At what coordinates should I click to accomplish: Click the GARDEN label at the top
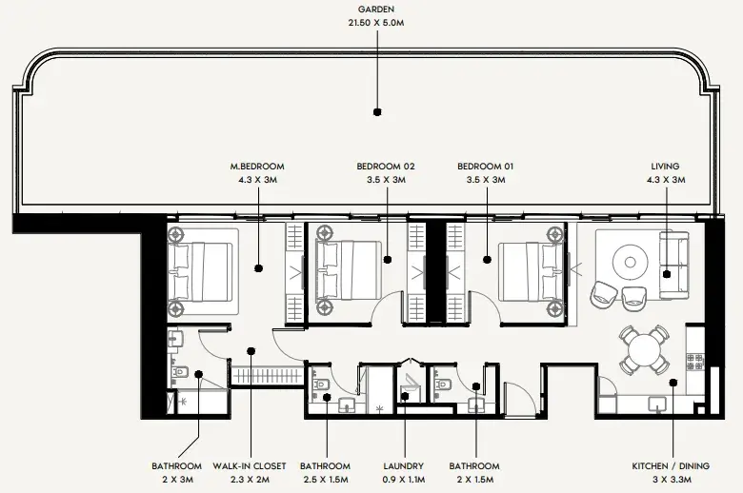(x=376, y=9)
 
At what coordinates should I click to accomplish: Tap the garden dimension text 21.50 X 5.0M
(x=376, y=23)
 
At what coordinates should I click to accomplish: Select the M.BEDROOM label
(x=257, y=167)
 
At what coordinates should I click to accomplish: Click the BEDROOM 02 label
(x=386, y=167)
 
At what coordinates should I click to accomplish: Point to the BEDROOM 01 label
(x=486, y=167)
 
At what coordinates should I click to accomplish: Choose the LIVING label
(x=665, y=167)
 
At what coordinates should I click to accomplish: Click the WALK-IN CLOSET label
(x=250, y=466)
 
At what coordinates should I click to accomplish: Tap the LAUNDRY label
(x=404, y=466)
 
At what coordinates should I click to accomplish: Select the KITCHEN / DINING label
(x=671, y=466)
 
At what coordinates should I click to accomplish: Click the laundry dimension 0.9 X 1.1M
(x=404, y=480)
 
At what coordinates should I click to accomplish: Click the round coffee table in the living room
(x=631, y=262)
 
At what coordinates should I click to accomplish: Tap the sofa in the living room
(x=674, y=266)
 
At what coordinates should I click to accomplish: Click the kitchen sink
(x=657, y=404)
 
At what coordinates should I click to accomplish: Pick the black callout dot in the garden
(x=377, y=112)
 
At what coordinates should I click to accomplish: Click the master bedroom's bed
(x=203, y=272)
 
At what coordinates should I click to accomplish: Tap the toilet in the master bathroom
(x=179, y=372)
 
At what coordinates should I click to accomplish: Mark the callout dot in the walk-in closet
(x=251, y=351)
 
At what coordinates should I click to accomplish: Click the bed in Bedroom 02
(x=350, y=271)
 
